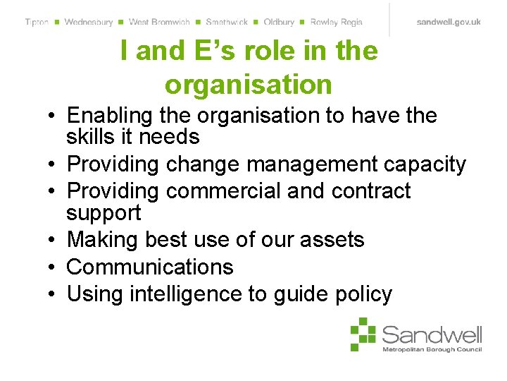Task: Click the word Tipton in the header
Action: pos(37,22)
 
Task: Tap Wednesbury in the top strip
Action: pos(88,22)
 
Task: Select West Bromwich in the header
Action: pos(159,22)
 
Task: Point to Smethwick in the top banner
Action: pos(227,22)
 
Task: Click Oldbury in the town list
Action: pos(279,22)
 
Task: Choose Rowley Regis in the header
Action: pos(336,22)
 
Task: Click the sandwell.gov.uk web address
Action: pos(449,22)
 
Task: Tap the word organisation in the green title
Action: pos(248,85)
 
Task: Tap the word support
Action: pos(104,212)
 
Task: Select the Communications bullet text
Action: pos(150,267)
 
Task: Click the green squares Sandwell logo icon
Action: pos(364,334)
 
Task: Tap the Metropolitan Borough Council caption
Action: pos(432,349)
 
